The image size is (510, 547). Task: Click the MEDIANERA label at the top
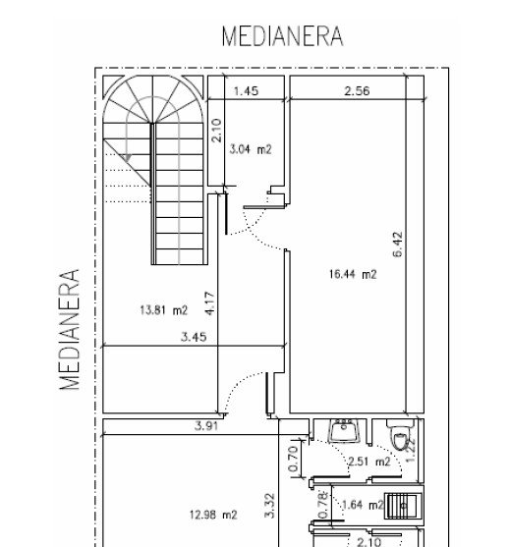point(283,36)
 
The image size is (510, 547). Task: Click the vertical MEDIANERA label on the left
point(70,329)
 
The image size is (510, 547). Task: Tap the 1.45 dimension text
point(246,91)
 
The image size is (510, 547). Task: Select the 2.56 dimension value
point(357,91)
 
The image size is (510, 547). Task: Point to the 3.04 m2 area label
point(251,149)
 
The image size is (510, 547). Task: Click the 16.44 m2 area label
point(353,274)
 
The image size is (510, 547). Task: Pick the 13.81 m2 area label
point(164,309)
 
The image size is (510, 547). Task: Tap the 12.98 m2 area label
point(213,515)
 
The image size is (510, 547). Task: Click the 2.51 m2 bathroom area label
point(369,462)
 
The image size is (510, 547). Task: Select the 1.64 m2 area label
point(363,505)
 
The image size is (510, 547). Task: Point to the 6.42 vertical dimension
point(398,245)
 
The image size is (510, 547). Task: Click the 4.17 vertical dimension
point(209,303)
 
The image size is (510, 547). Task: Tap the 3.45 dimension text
point(194,337)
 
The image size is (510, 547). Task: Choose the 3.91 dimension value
point(206,426)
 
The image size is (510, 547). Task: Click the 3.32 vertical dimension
point(269,506)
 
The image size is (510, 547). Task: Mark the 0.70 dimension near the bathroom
point(294,458)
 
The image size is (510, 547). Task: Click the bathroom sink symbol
point(345,431)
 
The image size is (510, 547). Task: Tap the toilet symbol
point(400,435)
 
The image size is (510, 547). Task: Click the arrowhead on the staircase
point(128,158)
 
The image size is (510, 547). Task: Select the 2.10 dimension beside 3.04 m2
point(217,131)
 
